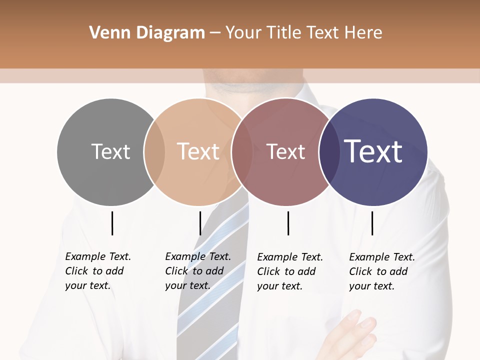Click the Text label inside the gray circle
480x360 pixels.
click(x=110, y=151)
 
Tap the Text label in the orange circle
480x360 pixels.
click(x=198, y=151)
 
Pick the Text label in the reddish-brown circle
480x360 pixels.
click(x=285, y=151)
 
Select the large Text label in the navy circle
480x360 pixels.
click(x=373, y=151)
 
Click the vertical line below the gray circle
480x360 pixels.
click(x=112, y=223)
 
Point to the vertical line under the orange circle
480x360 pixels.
click(x=200, y=223)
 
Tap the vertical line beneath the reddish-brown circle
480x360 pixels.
click(x=288, y=223)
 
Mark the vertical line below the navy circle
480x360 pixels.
click(x=372, y=223)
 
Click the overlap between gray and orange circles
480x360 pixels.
click(x=154, y=151)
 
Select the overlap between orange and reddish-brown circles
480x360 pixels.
click(x=241, y=151)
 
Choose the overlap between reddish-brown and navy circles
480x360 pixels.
click(x=329, y=151)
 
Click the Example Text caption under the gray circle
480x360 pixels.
click(x=97, y=271)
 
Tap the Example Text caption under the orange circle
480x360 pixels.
click(x=197, y=271)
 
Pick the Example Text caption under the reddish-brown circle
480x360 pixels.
click(x=289, y=271)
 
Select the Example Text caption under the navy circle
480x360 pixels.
click(x=381, y=271)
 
